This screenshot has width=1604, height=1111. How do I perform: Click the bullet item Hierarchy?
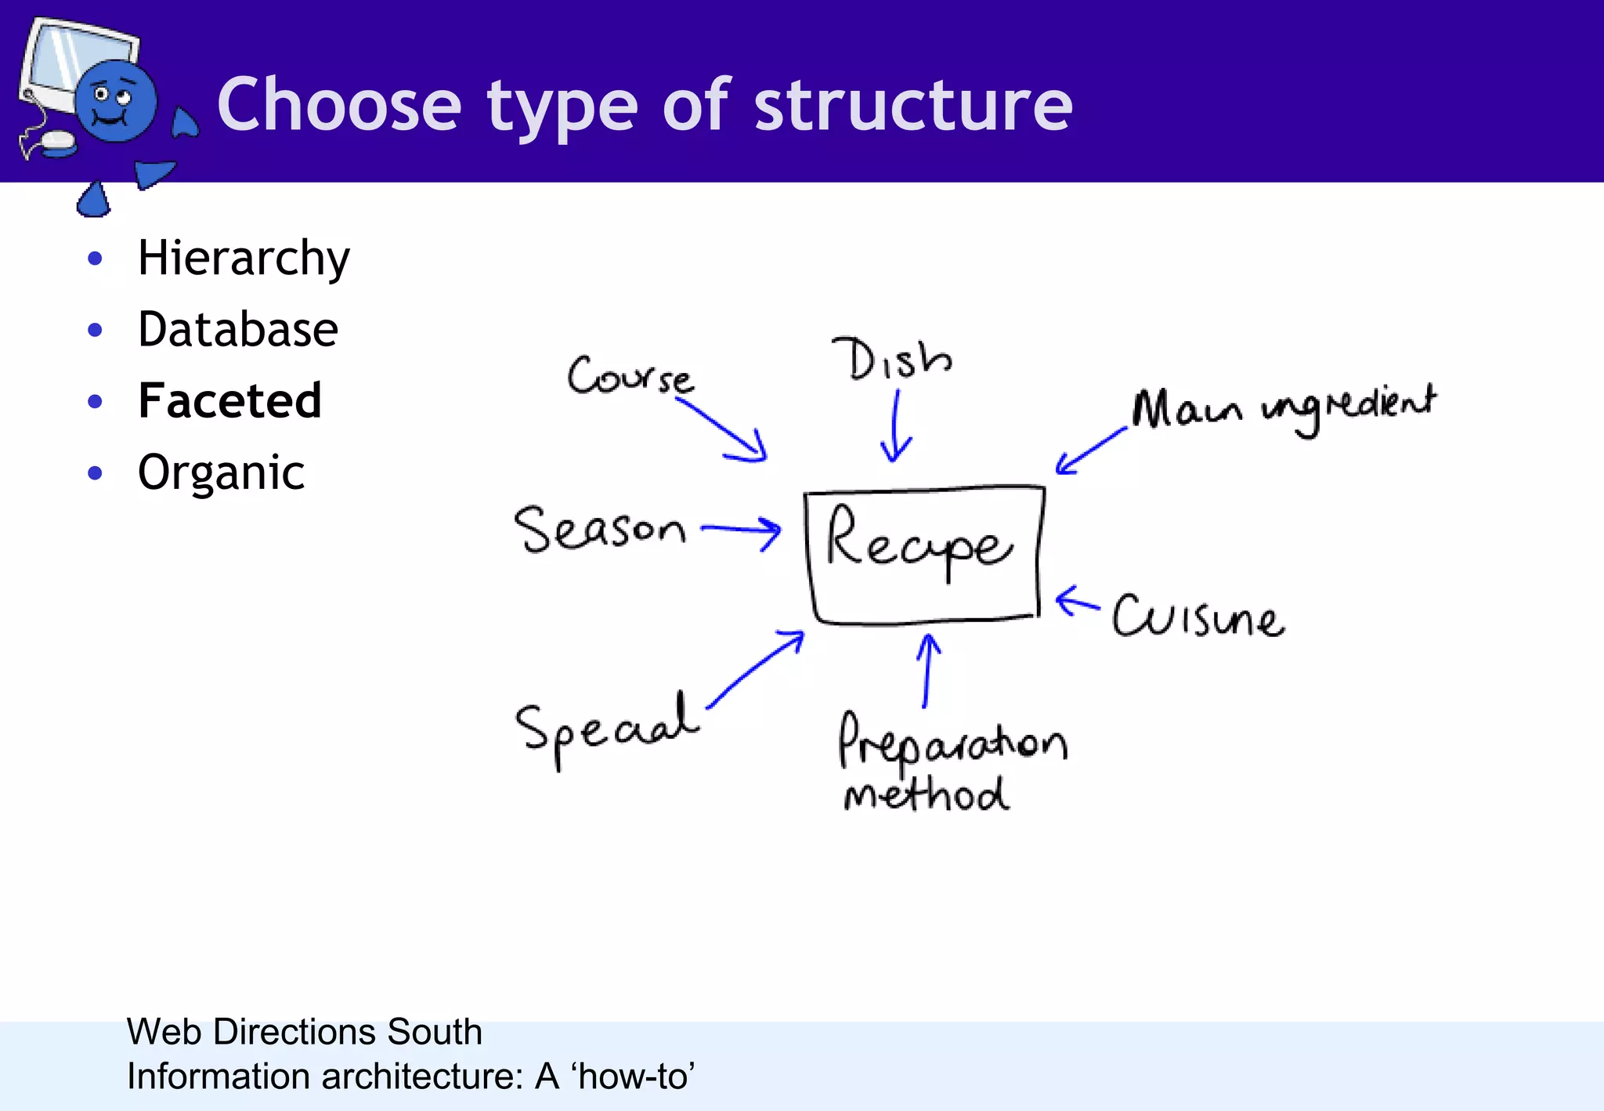[244, 259]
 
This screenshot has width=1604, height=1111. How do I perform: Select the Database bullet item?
[238, 329]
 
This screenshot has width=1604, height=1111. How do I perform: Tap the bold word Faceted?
[229, 400]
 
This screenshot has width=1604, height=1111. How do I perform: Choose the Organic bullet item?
[221, 472]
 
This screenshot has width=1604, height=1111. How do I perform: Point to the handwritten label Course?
[630, 376]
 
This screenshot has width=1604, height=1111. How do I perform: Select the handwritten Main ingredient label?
[1284, 408]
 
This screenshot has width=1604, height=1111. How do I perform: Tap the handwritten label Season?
[599, 529]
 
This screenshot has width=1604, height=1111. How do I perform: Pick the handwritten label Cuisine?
[1198, 617]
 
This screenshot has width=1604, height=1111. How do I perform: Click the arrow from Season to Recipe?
[741, 530]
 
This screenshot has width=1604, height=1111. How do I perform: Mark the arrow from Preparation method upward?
[927, 670]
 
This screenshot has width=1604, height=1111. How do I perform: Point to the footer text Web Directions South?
[304, 1031]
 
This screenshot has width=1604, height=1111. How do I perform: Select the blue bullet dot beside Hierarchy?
[96, 259]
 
